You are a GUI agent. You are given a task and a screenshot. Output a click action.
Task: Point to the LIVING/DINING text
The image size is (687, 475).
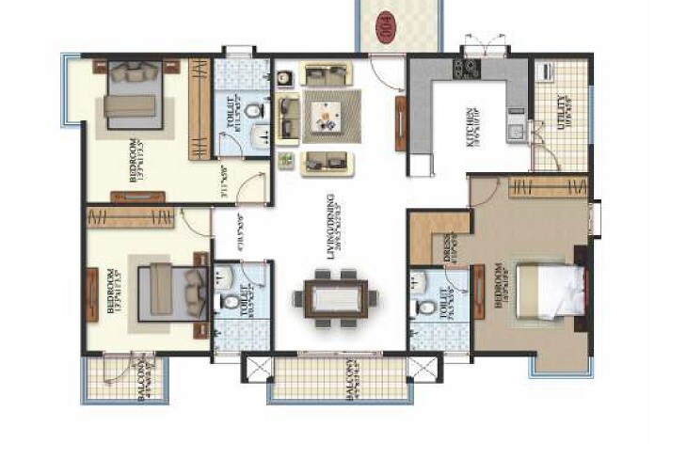[332, 226]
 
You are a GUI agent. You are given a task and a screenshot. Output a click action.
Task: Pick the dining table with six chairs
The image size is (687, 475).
[336, 299]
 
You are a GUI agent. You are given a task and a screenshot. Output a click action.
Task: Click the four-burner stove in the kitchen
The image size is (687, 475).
[465, 67]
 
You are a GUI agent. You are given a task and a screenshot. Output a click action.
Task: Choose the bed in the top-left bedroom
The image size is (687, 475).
[133, 97]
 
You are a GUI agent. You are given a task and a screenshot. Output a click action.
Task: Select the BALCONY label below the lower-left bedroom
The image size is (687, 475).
[143, 381]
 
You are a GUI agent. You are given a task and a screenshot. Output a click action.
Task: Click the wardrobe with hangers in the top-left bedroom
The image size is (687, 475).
[200, 109]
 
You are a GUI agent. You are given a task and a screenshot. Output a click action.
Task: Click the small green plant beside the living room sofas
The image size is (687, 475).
[285, 163]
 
